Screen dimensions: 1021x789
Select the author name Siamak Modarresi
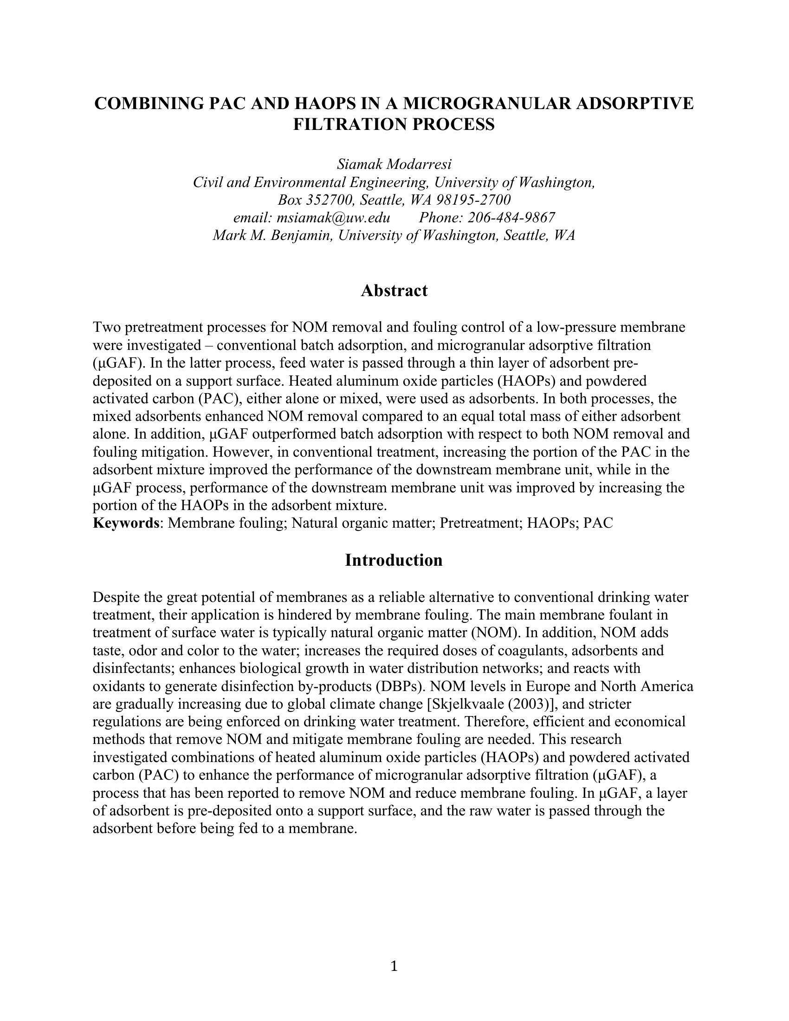coord(394,165)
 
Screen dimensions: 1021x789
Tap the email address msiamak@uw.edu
coord(333,217)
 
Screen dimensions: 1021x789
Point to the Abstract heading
coord(394,291)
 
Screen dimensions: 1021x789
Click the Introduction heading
coord(394,560)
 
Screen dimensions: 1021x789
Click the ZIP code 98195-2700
coord(473,200)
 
